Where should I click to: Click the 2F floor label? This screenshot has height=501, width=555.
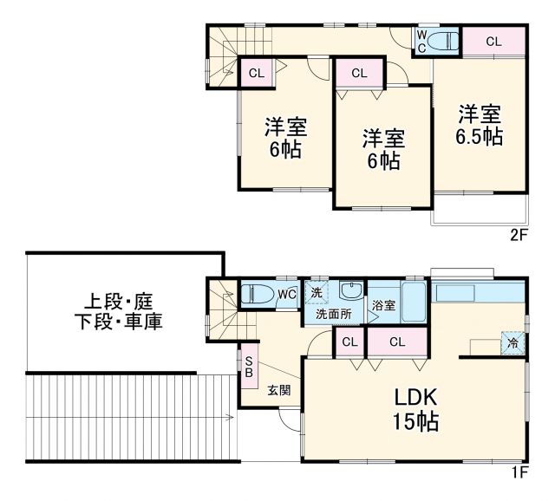[518, 234]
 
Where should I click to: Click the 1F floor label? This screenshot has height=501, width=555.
[518, 472]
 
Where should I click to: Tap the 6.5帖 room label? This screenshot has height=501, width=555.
[480, 126]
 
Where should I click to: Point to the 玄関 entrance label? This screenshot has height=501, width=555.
[278, 389]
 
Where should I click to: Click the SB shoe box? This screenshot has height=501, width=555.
[248, 368]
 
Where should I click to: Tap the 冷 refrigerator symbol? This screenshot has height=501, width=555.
[513, 342]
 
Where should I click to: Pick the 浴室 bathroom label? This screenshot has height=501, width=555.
[383, 306]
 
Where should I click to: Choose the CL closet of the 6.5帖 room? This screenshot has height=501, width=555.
[493, 41]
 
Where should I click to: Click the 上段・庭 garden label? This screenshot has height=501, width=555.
[119, 303]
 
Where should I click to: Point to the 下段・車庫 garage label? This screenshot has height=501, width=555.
[119, 322]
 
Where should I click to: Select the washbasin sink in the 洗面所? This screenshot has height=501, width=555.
[351, 290]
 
